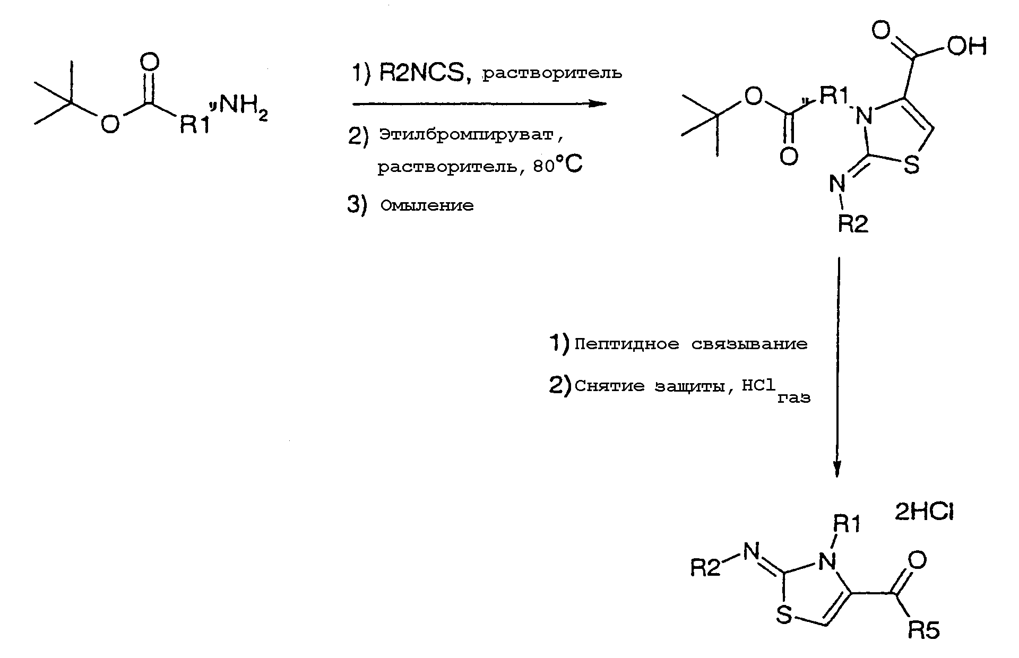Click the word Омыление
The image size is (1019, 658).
(427, 205)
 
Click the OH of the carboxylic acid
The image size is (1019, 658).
(967, 47)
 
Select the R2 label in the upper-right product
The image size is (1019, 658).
(853, 224)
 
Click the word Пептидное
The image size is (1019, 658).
(627, 344)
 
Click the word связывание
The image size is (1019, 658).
(749, 344)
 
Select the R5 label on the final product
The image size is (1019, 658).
(925, 630)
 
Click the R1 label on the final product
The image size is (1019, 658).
(845, 524)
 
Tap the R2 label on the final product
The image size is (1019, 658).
(705, 568)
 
